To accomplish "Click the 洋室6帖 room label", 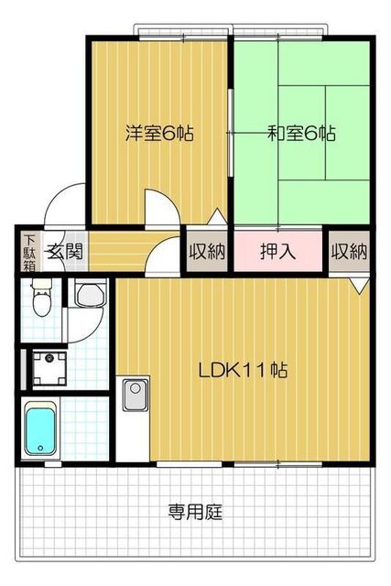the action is coord(159,133).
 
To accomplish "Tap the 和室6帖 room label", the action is coord(301,133).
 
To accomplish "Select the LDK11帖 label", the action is coord(243,370).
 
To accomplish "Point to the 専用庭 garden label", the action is coord(195,512).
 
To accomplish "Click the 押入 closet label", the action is coord(277,252).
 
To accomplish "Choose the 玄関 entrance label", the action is coord(64,251).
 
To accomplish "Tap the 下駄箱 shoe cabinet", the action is coord(29,253).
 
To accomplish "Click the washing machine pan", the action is coord(49,368).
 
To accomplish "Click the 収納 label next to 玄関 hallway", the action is coord(207,252).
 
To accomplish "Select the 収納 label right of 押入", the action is coord(350,252).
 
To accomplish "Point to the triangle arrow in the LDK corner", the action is coord(360,286).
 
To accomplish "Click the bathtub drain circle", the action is coord(40,448).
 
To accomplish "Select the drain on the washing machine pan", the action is coord(49,358).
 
